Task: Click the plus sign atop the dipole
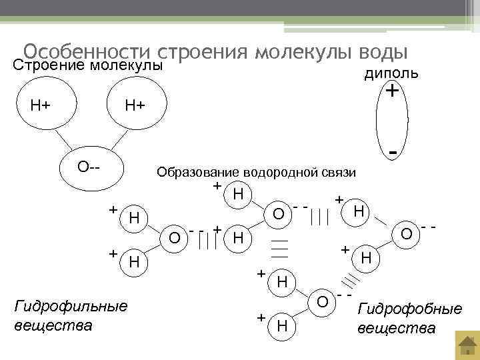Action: click(x=393, y=89)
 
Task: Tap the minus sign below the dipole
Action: click(x=394, y=153)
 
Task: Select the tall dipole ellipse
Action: click(x=391, y=121)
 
